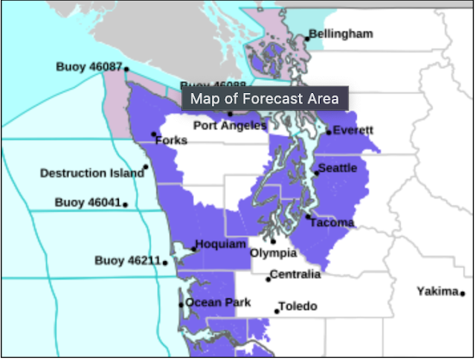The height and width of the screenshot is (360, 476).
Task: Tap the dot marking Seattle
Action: pos(317,173)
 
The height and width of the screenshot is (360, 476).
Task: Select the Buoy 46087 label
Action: pos(89,67)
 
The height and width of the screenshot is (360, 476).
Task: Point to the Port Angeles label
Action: pos(230,126)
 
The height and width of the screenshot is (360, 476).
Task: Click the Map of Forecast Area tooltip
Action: pos(264,98)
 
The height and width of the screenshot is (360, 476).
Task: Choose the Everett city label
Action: pos(353,131)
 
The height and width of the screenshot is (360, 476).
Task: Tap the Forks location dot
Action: pos(154,135)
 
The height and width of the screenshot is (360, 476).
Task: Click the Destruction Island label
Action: pos(91,173)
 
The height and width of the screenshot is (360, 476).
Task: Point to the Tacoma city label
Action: pos(332,222)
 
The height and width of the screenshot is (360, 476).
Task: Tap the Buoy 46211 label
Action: pos(128,260)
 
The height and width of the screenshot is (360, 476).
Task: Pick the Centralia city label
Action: pos(295,274)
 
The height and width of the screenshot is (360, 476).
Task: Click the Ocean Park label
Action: pos(217,303)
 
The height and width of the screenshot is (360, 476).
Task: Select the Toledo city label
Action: pos(297,306)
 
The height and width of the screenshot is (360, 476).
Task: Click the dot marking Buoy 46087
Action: pos(126,69)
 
